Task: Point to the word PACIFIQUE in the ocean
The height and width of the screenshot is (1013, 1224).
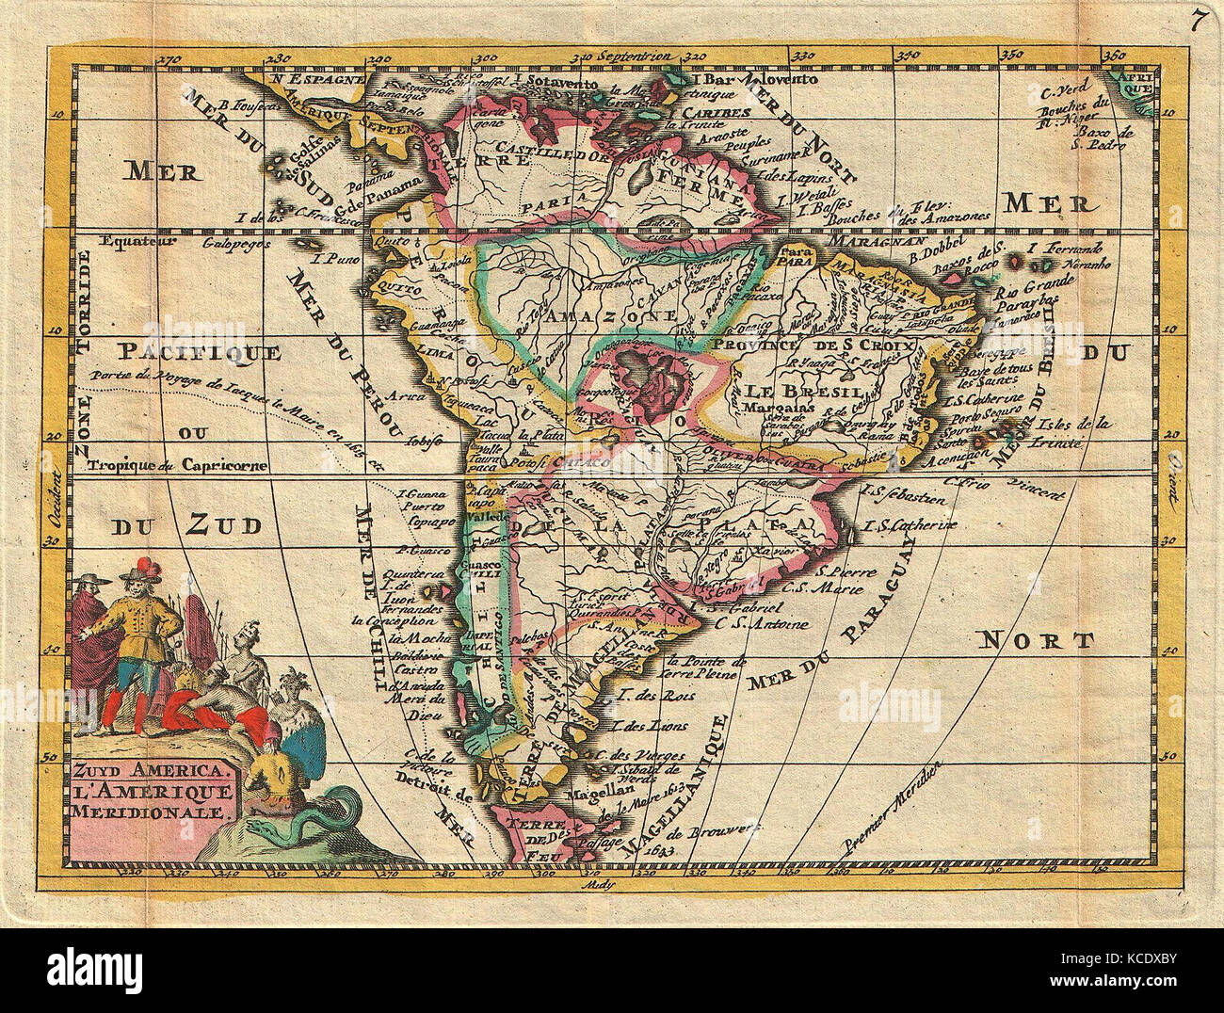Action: pos(201,353)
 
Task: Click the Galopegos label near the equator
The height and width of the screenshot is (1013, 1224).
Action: pos(231,243)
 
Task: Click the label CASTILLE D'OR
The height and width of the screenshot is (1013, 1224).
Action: pos(555,152)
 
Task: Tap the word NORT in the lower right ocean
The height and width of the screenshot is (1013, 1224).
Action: pos(1037,641)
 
